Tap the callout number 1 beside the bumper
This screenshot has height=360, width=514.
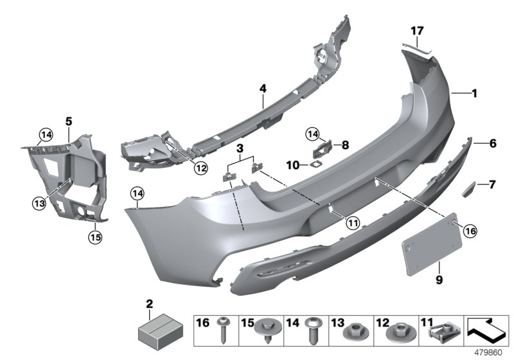pos(474,94)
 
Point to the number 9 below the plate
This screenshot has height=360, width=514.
pos(421,280)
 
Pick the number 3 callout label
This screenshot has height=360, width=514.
pos(240,149)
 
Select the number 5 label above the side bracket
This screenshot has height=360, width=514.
pos(68,120)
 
